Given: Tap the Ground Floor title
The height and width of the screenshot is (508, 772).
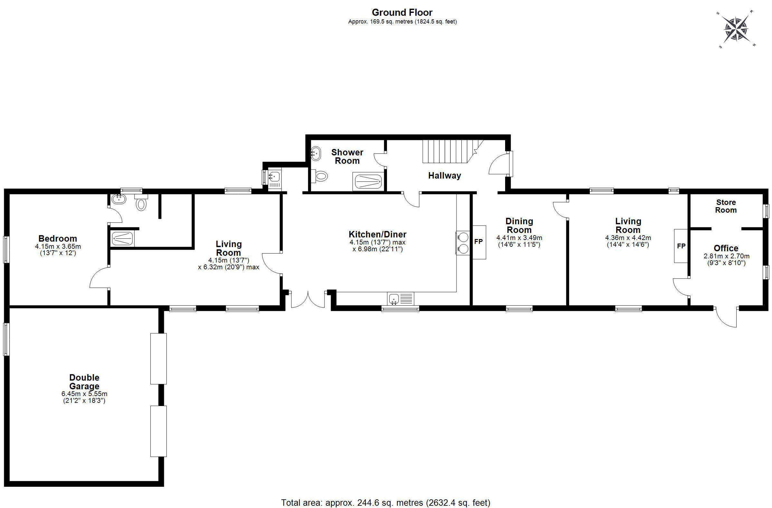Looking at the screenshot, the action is pos(402,12).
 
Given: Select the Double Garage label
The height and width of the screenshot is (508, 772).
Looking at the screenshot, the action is pos(84,382).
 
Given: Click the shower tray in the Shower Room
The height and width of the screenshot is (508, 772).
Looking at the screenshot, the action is pos(368,181).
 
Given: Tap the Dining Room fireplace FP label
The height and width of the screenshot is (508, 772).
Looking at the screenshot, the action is pos(478,242).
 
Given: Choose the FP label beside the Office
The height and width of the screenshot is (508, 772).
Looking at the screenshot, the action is pos(681,246).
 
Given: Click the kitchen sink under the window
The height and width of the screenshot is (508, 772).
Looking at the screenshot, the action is pos(400,299).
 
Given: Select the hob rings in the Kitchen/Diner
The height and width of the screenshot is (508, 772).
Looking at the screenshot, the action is pos(463,243).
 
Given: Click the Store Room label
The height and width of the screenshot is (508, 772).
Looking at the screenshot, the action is pos(726,206).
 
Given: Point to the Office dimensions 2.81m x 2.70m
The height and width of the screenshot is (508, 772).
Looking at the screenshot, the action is pos(726,256).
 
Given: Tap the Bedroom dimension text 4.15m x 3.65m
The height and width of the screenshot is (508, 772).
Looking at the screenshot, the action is pos(58,246).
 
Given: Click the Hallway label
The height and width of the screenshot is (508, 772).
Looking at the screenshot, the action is pos(444,176).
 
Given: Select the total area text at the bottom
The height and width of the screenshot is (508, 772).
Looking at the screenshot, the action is pos(386,503).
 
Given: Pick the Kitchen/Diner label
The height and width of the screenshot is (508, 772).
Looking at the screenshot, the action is pos(378,234).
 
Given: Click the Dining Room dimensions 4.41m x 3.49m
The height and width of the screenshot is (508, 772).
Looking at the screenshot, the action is pos(519,238).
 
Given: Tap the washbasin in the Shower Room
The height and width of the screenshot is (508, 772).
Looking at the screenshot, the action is pos(316,153).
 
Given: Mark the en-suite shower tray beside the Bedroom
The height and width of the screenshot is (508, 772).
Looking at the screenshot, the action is pos(122,239).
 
